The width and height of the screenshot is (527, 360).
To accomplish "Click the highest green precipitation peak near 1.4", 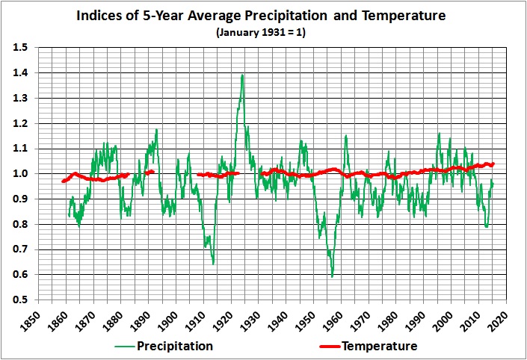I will point(242,75).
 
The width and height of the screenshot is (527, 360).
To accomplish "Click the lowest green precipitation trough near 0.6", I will point(332,276).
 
